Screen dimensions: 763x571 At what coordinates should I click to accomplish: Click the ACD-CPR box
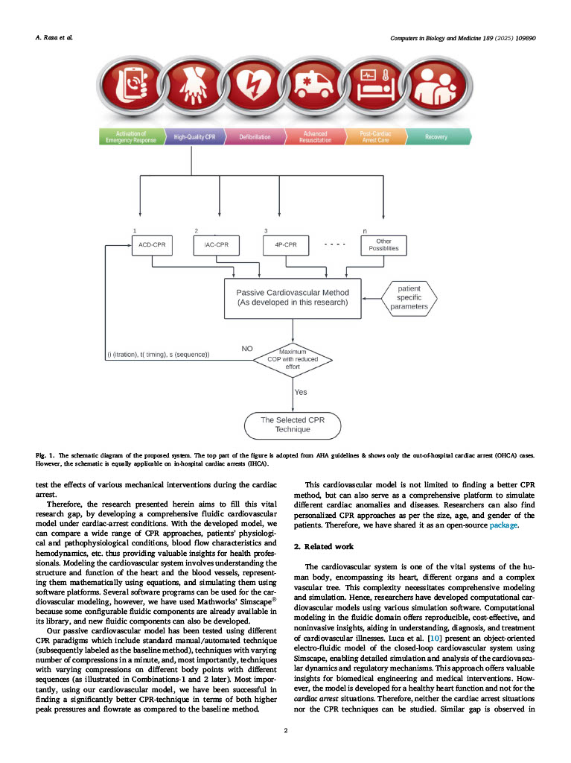[152, 245]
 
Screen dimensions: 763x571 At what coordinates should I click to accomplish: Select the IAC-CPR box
[218, 245]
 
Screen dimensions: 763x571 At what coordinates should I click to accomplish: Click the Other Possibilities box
[383, 245]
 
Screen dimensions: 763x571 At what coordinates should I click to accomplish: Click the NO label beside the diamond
[248, 348]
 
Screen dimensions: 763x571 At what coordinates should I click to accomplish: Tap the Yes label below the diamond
[301, 391]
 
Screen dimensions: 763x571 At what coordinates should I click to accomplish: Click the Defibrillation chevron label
[254, 137]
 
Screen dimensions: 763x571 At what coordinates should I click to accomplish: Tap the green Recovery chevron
[436, 137]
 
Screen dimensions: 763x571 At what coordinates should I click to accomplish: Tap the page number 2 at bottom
[286, 730]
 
